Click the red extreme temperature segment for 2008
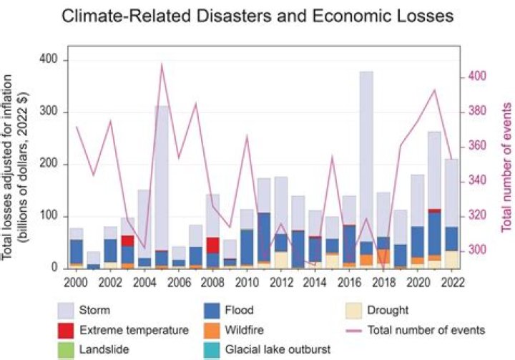pos(213,245)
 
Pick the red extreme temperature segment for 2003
pos(127,240)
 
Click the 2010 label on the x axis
pos(247,282)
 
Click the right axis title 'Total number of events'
pos(506,165)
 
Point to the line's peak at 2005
pos(162,64)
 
